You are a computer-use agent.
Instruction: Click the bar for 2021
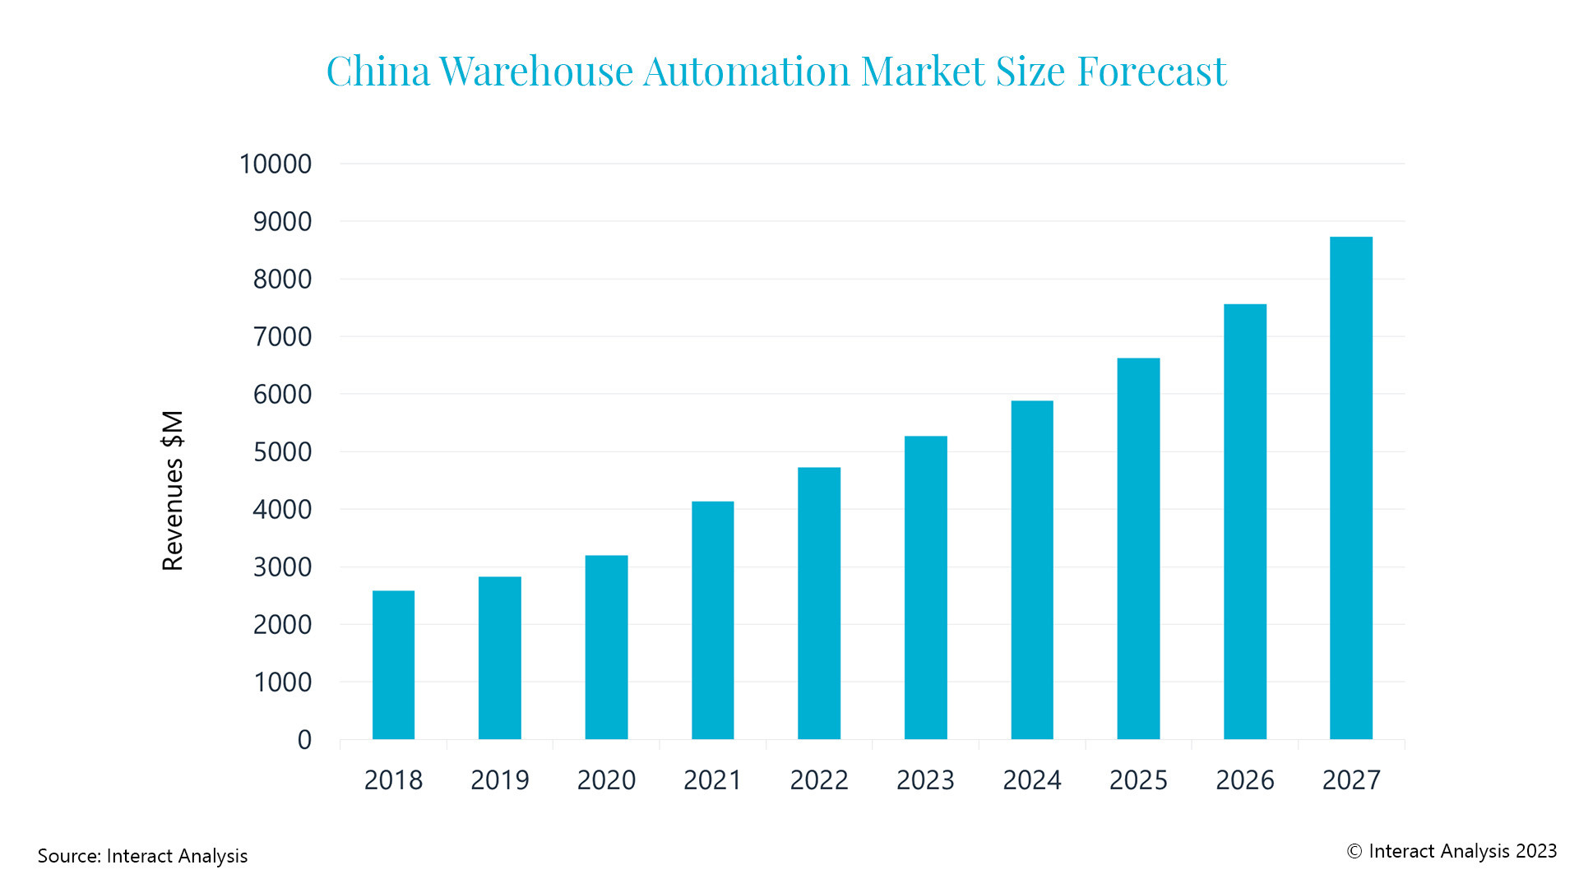click(712, 620)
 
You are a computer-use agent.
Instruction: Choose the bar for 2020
click(606, 647)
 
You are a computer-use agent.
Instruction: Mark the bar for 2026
click(1244, 521)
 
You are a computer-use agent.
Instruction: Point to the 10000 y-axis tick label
click(276, 164)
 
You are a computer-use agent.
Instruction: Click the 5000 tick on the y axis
click(282, 451)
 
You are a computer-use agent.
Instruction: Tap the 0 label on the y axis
click(304, 739)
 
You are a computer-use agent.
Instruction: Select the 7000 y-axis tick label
click(282, 336)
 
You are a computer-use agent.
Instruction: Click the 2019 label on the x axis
click(499, 779)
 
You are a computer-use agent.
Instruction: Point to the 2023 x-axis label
click(925, 779)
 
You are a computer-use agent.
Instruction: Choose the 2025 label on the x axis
click(1138, 779)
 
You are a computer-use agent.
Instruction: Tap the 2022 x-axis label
click(819, 779)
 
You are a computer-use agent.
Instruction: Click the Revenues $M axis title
click(173, 490)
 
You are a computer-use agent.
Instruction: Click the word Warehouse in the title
click(536, 71)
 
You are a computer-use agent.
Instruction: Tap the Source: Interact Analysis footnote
click(142, 856)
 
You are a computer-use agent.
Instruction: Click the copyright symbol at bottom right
click(1354, 852)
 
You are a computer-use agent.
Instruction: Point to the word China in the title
click(378, 71)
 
